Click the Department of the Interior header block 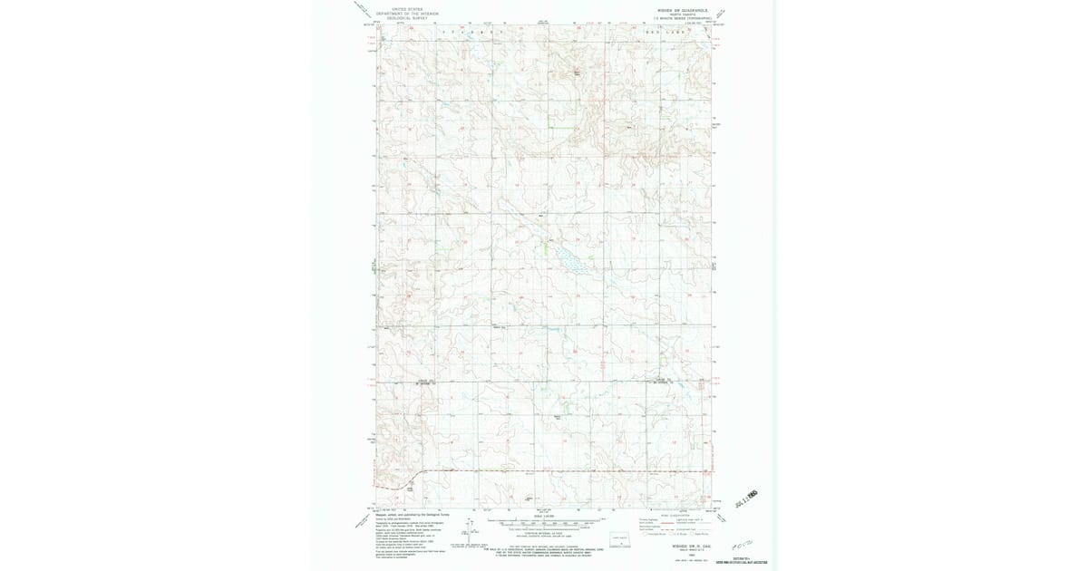(x=401, y=13)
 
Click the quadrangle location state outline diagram (x=619, y=540)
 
